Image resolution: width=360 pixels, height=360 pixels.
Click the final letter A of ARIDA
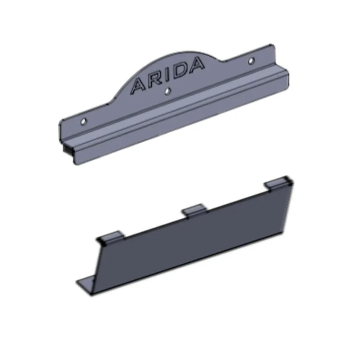pos(195,64)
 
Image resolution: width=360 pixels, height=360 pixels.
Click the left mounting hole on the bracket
pos(84,121)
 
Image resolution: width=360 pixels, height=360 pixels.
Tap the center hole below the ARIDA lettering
pos(168,91)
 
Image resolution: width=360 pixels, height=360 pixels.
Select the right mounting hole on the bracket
pos(252,61)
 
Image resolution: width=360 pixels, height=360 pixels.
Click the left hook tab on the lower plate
pos(111,237)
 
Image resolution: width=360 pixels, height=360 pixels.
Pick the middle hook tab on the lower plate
pos(194,209)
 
